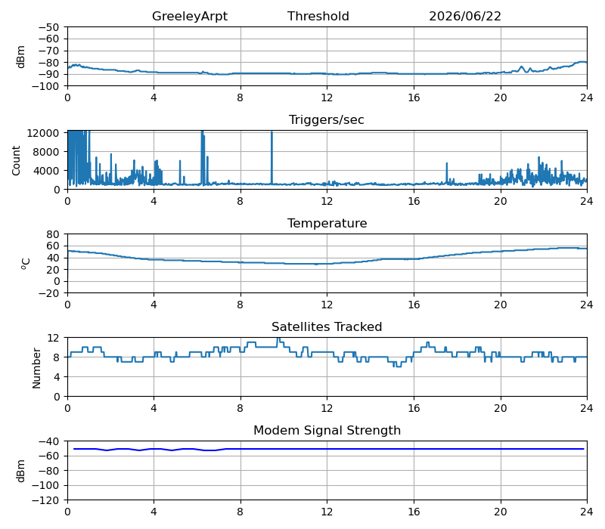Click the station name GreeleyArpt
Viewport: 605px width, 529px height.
[x=190, y=16]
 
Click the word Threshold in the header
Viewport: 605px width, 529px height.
[x=318, y=16]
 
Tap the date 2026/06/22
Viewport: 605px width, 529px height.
[x=465, y=16]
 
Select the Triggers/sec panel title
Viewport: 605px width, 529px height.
[x=327, y=119]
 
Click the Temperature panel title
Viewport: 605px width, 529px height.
[x=327, y=223]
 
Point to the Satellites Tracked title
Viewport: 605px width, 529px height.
[x=327, y=326]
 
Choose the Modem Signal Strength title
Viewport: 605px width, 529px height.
[x=327, y=430]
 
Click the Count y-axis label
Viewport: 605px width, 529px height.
[x=16, y=160]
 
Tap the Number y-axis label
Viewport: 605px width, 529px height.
[x=36, y=368]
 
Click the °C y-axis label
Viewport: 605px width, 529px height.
[x=26, y=264]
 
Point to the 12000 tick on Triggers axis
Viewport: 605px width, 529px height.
[x=43, y=133]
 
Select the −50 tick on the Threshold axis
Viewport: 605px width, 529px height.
[x=48, y=27]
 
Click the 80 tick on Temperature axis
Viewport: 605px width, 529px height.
[x=53, y=234]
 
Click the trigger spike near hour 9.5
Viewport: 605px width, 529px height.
[x=271, y=158]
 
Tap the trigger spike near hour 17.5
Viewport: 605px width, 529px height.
[x=447, y=173]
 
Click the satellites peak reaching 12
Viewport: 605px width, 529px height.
[x=278, y=339]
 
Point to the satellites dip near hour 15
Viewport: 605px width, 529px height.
[x=398, y=367]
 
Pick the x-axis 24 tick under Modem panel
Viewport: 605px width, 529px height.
[x=587, y=512]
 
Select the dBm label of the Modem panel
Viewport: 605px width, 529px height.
[x=20, y=471]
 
